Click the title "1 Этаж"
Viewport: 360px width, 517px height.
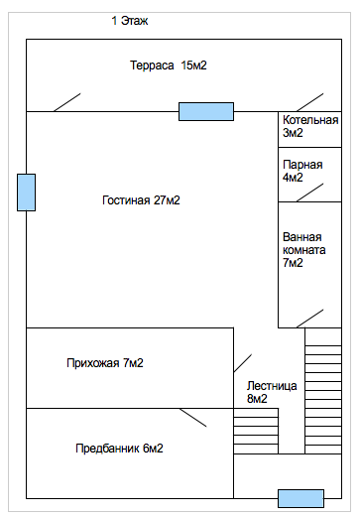click(130, 21)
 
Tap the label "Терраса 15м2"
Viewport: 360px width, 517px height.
click(168, 65)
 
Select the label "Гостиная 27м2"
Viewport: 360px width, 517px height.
click(141, 200)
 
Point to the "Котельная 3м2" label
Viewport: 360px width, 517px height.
click(310, 126)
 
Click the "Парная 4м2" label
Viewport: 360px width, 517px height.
click(302, 171)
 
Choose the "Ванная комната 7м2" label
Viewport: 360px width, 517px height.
click(303, 250)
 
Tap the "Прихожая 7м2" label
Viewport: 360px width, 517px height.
click(105, 363)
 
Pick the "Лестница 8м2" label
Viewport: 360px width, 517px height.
click(272, 392)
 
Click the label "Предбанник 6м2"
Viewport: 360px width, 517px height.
click(119, 449)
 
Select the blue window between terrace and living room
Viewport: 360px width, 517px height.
click(206, 111)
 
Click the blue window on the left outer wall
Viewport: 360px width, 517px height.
click(26, 193)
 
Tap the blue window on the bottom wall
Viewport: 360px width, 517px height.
click(300, 498)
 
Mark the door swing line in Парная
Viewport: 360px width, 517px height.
click(309, 193)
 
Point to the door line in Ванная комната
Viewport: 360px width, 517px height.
click(309, 319)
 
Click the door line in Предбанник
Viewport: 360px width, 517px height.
click(193, 418)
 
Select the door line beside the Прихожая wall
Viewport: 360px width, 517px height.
click(243, 363)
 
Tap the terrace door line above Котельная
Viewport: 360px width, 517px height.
click(309, 102)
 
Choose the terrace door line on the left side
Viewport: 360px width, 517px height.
click(67, 102)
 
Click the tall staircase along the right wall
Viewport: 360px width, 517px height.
click(323, 391)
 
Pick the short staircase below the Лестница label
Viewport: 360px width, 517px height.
click(256, 431)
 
